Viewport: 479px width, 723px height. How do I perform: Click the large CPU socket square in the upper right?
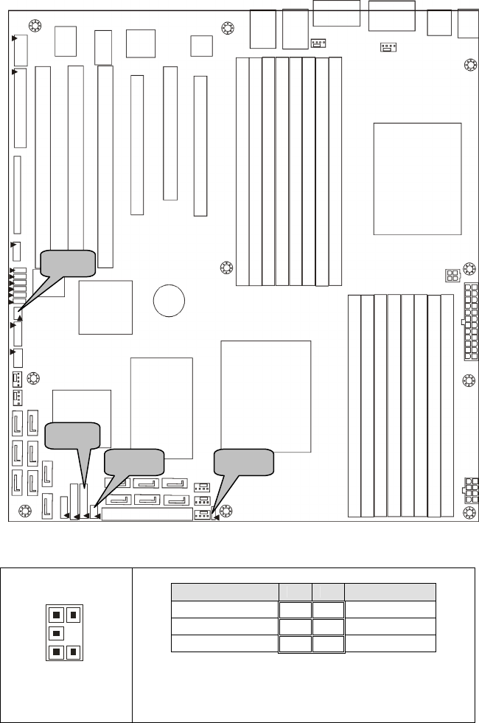click(417, 179)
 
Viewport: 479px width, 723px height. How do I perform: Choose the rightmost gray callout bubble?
click(244, 462)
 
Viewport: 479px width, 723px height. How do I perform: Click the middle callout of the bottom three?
click(134, 462)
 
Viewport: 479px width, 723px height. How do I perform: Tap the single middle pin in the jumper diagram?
click(56, 632)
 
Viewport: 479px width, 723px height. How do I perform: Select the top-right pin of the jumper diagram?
click(71, 613)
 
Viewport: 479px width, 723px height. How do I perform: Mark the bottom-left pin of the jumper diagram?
click(56, 652)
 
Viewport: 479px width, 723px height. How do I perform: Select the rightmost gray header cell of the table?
click(391, 592)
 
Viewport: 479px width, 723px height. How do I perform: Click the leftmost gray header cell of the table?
click(224, 592)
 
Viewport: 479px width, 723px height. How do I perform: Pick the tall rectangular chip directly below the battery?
click(161, 400)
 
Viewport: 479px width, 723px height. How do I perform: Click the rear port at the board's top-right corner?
click(467, 24)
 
